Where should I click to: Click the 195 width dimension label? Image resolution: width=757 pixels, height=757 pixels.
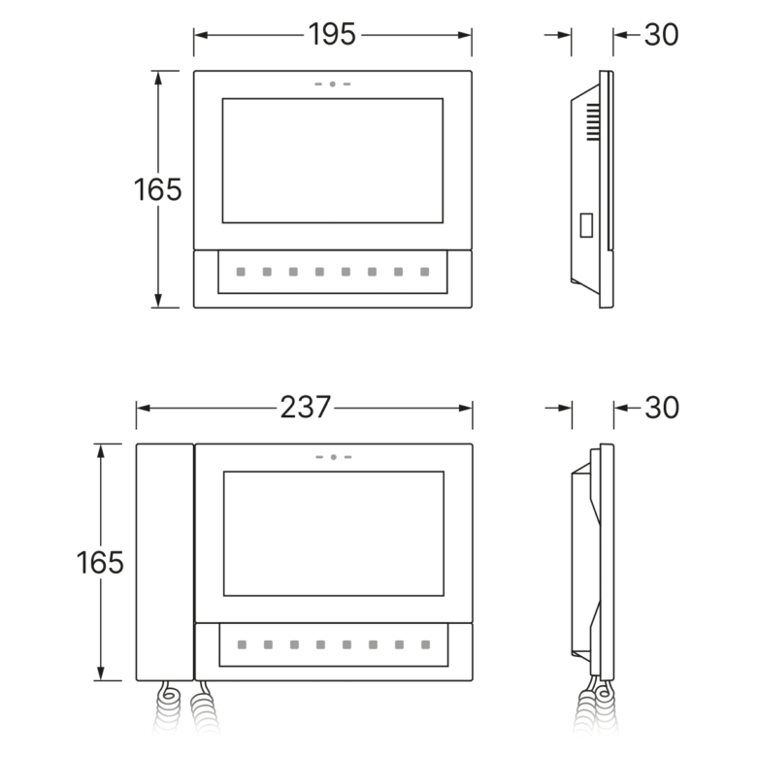pos(332,34)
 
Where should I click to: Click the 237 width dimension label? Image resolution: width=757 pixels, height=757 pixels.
pos(305,408)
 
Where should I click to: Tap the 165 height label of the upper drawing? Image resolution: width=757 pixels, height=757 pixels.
pos(158,189)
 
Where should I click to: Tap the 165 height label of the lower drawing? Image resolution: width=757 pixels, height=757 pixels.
pos(100,563)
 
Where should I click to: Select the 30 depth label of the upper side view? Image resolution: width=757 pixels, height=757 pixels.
pos(662,35)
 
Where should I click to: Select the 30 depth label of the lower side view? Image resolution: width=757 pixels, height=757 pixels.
pos(662,408)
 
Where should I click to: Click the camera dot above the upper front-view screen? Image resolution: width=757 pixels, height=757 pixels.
pos(333,84)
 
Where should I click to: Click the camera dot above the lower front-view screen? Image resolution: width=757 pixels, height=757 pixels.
pos(334,457)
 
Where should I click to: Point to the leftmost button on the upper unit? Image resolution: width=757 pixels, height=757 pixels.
pos(241,272)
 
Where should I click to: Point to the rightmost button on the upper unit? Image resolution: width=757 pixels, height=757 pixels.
pos(424,272)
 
